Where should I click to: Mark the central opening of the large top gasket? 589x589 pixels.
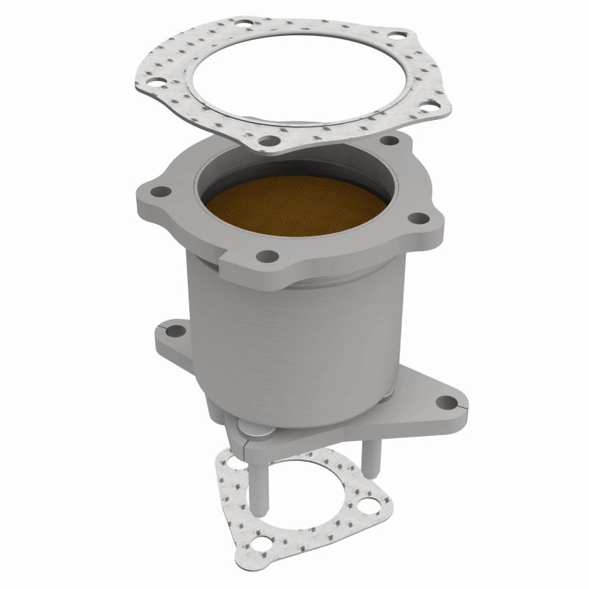coord(294,74)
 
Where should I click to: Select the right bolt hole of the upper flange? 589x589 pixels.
coord(417,218)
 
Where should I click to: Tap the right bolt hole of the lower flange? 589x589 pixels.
coord(445,402)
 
